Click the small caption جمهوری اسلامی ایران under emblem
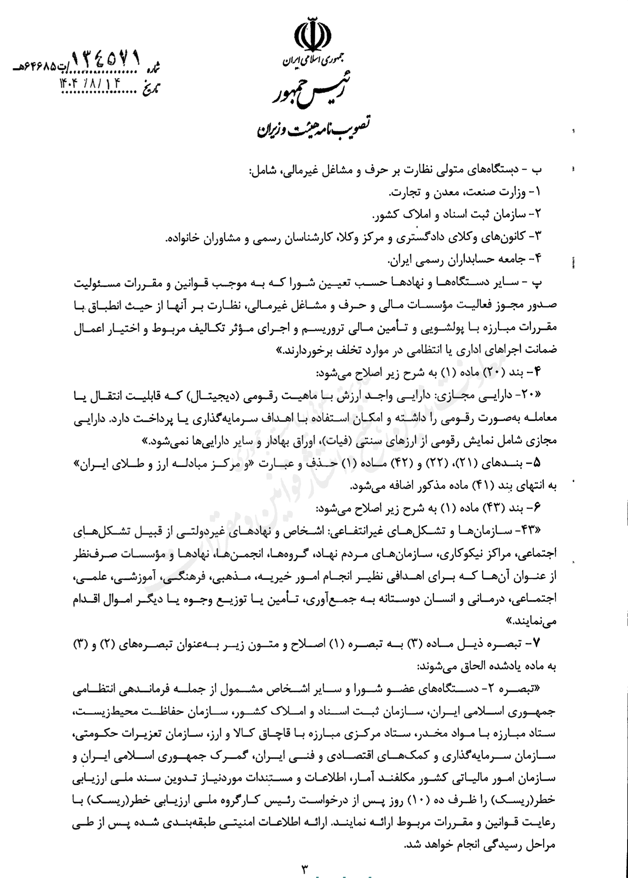[312, 61]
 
